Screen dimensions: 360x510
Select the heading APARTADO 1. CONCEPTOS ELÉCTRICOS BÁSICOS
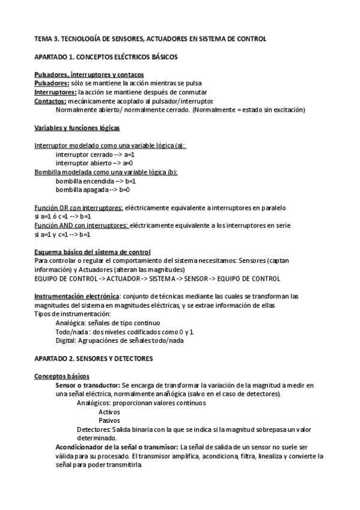(x=105, y=57)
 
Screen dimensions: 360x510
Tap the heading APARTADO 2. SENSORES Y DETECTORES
(x=94, y=358)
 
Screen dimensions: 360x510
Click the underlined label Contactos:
(x=50, y=101)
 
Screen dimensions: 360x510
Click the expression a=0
(x=127, y=163)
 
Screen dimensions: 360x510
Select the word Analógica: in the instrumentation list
(x=70, y=322)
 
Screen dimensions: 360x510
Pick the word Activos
(x=109, y=412)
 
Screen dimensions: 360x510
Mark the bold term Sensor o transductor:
(x=87, y=385)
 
